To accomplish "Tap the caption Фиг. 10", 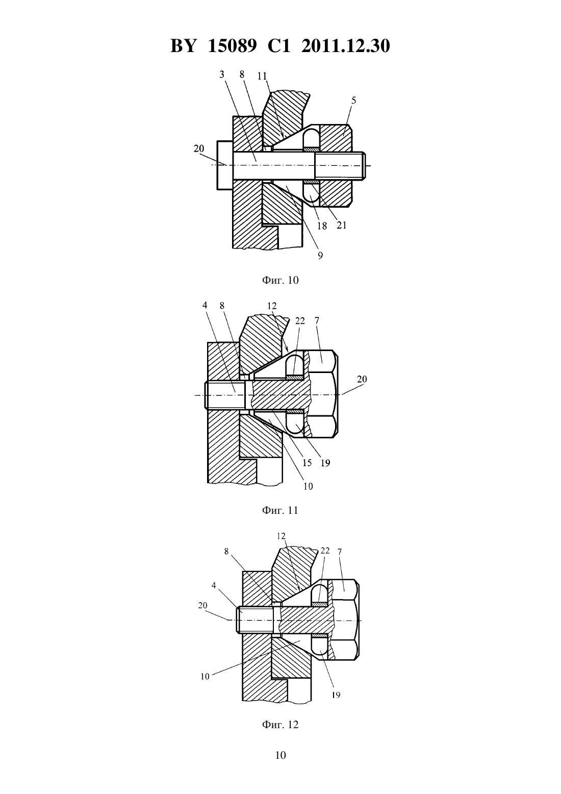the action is click(x=280, y=280).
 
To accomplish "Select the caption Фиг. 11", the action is click(x=280, y=510).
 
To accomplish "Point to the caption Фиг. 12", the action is click(x=280, y=725).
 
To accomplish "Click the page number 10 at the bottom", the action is click(x=280, y=755).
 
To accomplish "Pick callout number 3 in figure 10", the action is click(x=222, y=75).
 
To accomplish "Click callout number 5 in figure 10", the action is click(x=353, y=101).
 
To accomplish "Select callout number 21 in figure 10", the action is click(x=342, y=225).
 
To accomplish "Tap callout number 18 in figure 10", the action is click(x=322, y=226).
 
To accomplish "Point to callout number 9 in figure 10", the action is click(x=320, y=255).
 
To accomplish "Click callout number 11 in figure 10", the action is click(x=262, y=76).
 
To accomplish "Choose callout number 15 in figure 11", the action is click(x=307, y=463).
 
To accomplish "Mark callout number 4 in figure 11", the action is click(x=205, y=305).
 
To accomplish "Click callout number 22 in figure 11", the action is click(x=300, y=321).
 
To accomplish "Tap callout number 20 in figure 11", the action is click(x=362, y=379).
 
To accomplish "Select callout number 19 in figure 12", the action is click(x=336, y=695).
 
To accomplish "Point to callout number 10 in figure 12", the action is click(x=205, y=677).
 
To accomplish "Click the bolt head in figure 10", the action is click(x=224, y=165).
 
